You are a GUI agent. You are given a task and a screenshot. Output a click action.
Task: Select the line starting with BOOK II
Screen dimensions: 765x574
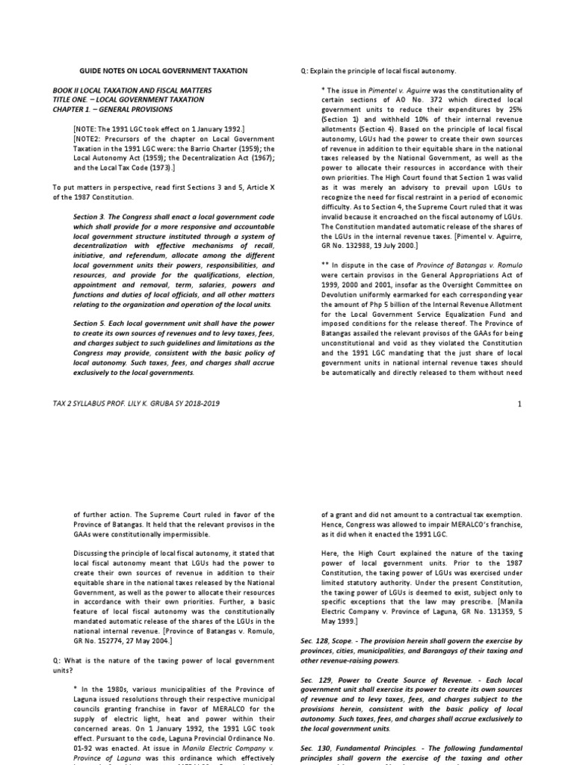click(x=132, y=90)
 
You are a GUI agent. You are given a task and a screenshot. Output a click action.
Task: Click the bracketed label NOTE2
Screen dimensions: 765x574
click(x=90, y=138)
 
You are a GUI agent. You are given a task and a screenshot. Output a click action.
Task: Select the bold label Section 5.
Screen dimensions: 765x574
click(x=92, y=323)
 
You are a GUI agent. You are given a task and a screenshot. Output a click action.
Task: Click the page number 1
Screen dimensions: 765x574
click(x=517, y=403)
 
